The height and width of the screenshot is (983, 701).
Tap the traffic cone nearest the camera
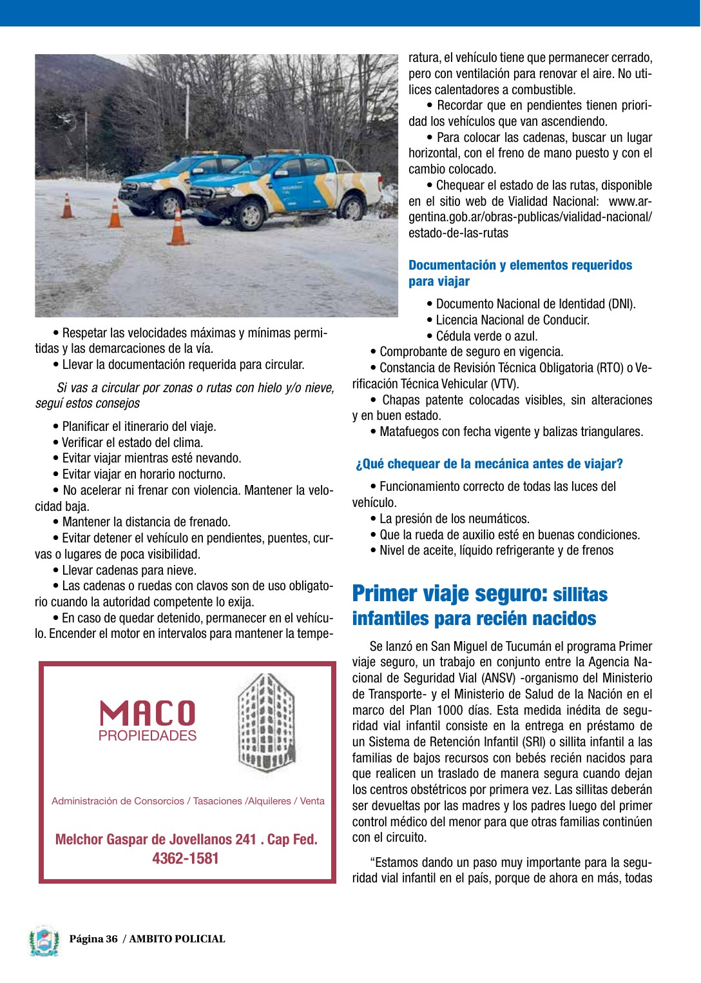pyautogui.click(x=177, y=226)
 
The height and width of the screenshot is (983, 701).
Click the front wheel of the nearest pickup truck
pyautogui.click(x=249, y=214)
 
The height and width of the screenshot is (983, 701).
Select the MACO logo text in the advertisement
pyautogui.click(x=148, y=713)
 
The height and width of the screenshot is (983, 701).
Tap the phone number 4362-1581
pyautogui.click(x=186, y=859)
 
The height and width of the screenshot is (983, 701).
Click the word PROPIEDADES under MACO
pyautogui.click(x=148, y=736)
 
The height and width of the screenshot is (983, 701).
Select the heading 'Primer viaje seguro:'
pyautogui.click(x=450, y=593)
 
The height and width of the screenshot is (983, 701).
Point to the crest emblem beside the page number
pyautogui.click(x=44, y=941)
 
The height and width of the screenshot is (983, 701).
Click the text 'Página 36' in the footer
pyautogui.click(x=94, y=939)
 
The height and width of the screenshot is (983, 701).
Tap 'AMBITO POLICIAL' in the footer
pyautogui.click(x=177, y=939)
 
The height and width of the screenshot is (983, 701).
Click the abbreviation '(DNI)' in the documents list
pyautogui.click(x=622, y=304)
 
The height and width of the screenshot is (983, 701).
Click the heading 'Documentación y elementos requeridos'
pyautogui.click(x=520, y=265)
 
